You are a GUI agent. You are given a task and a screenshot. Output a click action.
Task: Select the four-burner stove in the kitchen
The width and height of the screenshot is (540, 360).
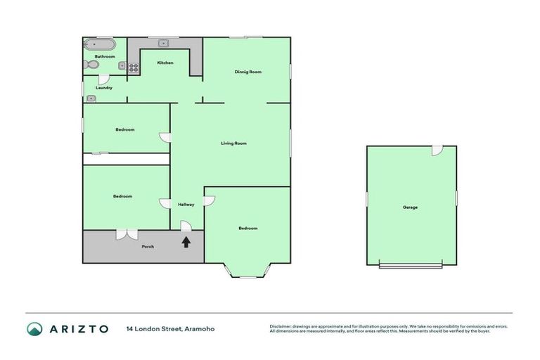133,67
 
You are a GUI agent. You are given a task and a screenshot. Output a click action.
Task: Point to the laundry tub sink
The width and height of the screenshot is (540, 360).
90,98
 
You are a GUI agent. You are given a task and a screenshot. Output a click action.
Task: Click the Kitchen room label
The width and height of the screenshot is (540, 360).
165,63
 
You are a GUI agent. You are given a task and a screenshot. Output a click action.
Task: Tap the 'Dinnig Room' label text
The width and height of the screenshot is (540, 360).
247,72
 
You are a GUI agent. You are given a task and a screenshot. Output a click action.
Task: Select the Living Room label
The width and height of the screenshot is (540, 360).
233,143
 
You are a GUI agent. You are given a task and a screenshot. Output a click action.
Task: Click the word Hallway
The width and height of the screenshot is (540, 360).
186,205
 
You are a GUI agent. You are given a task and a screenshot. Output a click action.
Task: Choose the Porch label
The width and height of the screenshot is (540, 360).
148,247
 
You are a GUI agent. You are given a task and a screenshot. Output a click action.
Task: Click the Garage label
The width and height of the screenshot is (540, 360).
410,207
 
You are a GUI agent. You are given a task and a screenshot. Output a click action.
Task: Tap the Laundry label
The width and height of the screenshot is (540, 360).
104,88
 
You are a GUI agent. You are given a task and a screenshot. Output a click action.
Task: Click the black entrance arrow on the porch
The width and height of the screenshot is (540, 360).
186,243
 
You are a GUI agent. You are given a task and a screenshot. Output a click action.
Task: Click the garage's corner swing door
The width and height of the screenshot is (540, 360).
437,150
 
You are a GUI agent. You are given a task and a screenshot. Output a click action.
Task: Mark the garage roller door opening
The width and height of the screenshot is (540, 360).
411,265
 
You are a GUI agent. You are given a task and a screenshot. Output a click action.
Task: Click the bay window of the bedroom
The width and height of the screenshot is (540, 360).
247,273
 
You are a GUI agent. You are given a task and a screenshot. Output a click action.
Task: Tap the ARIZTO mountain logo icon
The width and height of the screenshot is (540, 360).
34,328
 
